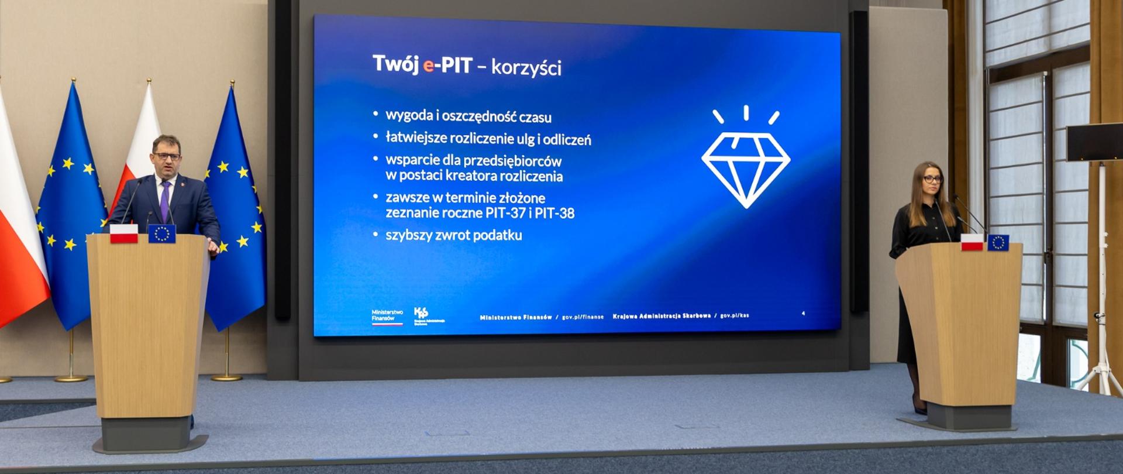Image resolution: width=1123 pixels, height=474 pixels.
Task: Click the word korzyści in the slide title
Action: pyautogui.click(x=526, y=67)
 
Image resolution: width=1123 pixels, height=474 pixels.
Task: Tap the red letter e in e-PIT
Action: pyautogui.click(x=428, y=66)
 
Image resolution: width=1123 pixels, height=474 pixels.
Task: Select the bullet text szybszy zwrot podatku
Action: pyautogui.click(x=453, y=235)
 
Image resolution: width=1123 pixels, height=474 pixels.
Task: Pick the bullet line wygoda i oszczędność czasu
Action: pyautogui.click(x=468, y=116)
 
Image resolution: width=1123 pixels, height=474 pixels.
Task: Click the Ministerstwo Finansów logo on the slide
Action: pyautogui.click(x=387, y=317)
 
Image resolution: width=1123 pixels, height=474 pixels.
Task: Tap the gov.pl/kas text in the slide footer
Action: pyautogui.click(x=734, y=316)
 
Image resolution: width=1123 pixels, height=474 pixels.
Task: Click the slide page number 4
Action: pyautogui.click(x=803, y=314)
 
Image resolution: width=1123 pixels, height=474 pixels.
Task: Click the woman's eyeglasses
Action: pyautogui.click(x=932, y=179)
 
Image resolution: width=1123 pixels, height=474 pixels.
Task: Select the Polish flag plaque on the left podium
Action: pyautogui.click(x=123, y=233)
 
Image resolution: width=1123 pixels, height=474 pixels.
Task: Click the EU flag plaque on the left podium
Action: pyautogui.click(x=161, y=233)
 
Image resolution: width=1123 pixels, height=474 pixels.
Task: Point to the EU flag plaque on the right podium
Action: pyautogui.click(x=998, y=242)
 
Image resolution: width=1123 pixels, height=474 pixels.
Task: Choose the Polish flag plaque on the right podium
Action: pyautogui.click(x=972, y=243)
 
